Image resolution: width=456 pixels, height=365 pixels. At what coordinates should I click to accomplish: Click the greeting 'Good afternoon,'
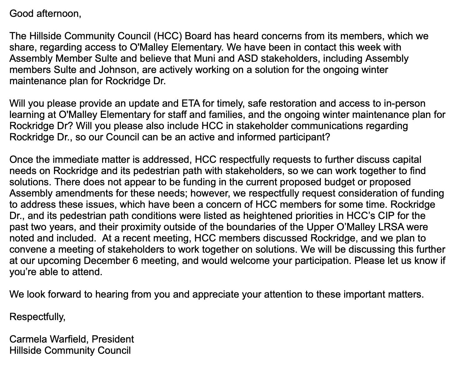(x=45, y=14)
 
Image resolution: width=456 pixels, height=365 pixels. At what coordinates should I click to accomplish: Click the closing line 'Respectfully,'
(x=37, y=317)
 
